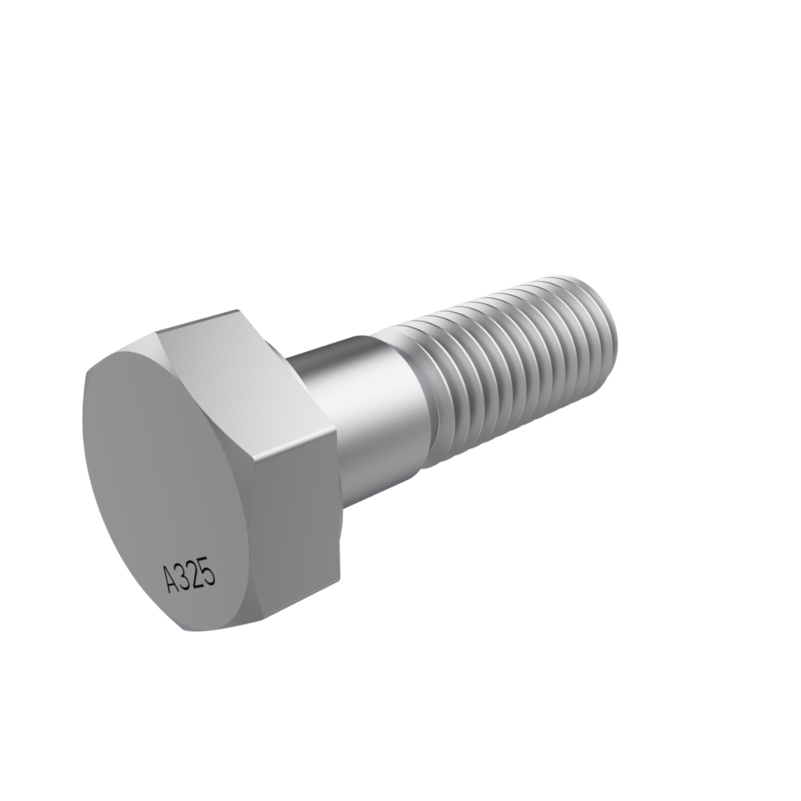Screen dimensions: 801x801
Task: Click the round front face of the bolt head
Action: [174, 490]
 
